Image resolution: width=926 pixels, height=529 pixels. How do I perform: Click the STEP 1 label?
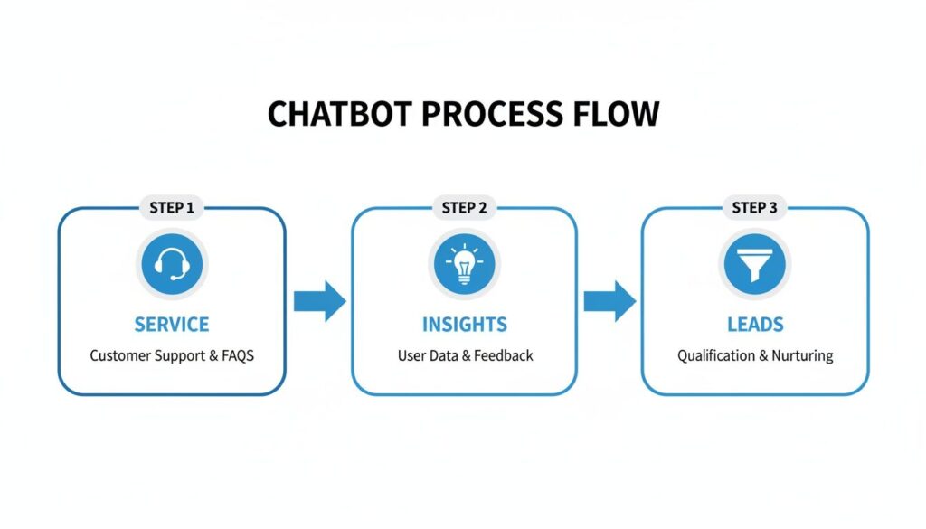[x=172, y=208]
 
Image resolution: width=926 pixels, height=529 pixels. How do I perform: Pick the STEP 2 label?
[x=464, y=208]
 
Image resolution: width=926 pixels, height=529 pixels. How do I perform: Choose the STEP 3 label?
[x=754, y=208]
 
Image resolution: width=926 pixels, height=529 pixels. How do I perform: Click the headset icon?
[x=172, y=264]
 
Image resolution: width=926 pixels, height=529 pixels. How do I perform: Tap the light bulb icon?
[x=464, y=264]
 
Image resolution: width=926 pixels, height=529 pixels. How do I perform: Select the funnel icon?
[x=755, y=264]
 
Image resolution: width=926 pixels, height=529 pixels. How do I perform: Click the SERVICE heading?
[x=172, y=325]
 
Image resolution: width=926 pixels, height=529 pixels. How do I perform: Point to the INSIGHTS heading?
[x=464, y=325]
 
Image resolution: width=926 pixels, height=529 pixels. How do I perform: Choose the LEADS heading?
[x=755, y=325]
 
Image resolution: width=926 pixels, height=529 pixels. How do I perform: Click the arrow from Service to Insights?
[x=319, y=301]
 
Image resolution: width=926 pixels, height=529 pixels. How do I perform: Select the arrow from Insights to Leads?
[x=609, y=301]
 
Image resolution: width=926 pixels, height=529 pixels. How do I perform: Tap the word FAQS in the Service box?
[x=239, y=356]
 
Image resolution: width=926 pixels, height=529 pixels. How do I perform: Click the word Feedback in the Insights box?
[x=503, y=356]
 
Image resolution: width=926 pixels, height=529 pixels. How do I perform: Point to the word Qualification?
[x=716, y=356]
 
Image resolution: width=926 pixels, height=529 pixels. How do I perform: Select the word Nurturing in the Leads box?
[x=802, y=356]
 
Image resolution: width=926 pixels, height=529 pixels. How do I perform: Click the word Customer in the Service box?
[x=118, y=356]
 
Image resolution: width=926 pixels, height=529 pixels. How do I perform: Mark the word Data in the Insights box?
[x=444, y=356]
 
